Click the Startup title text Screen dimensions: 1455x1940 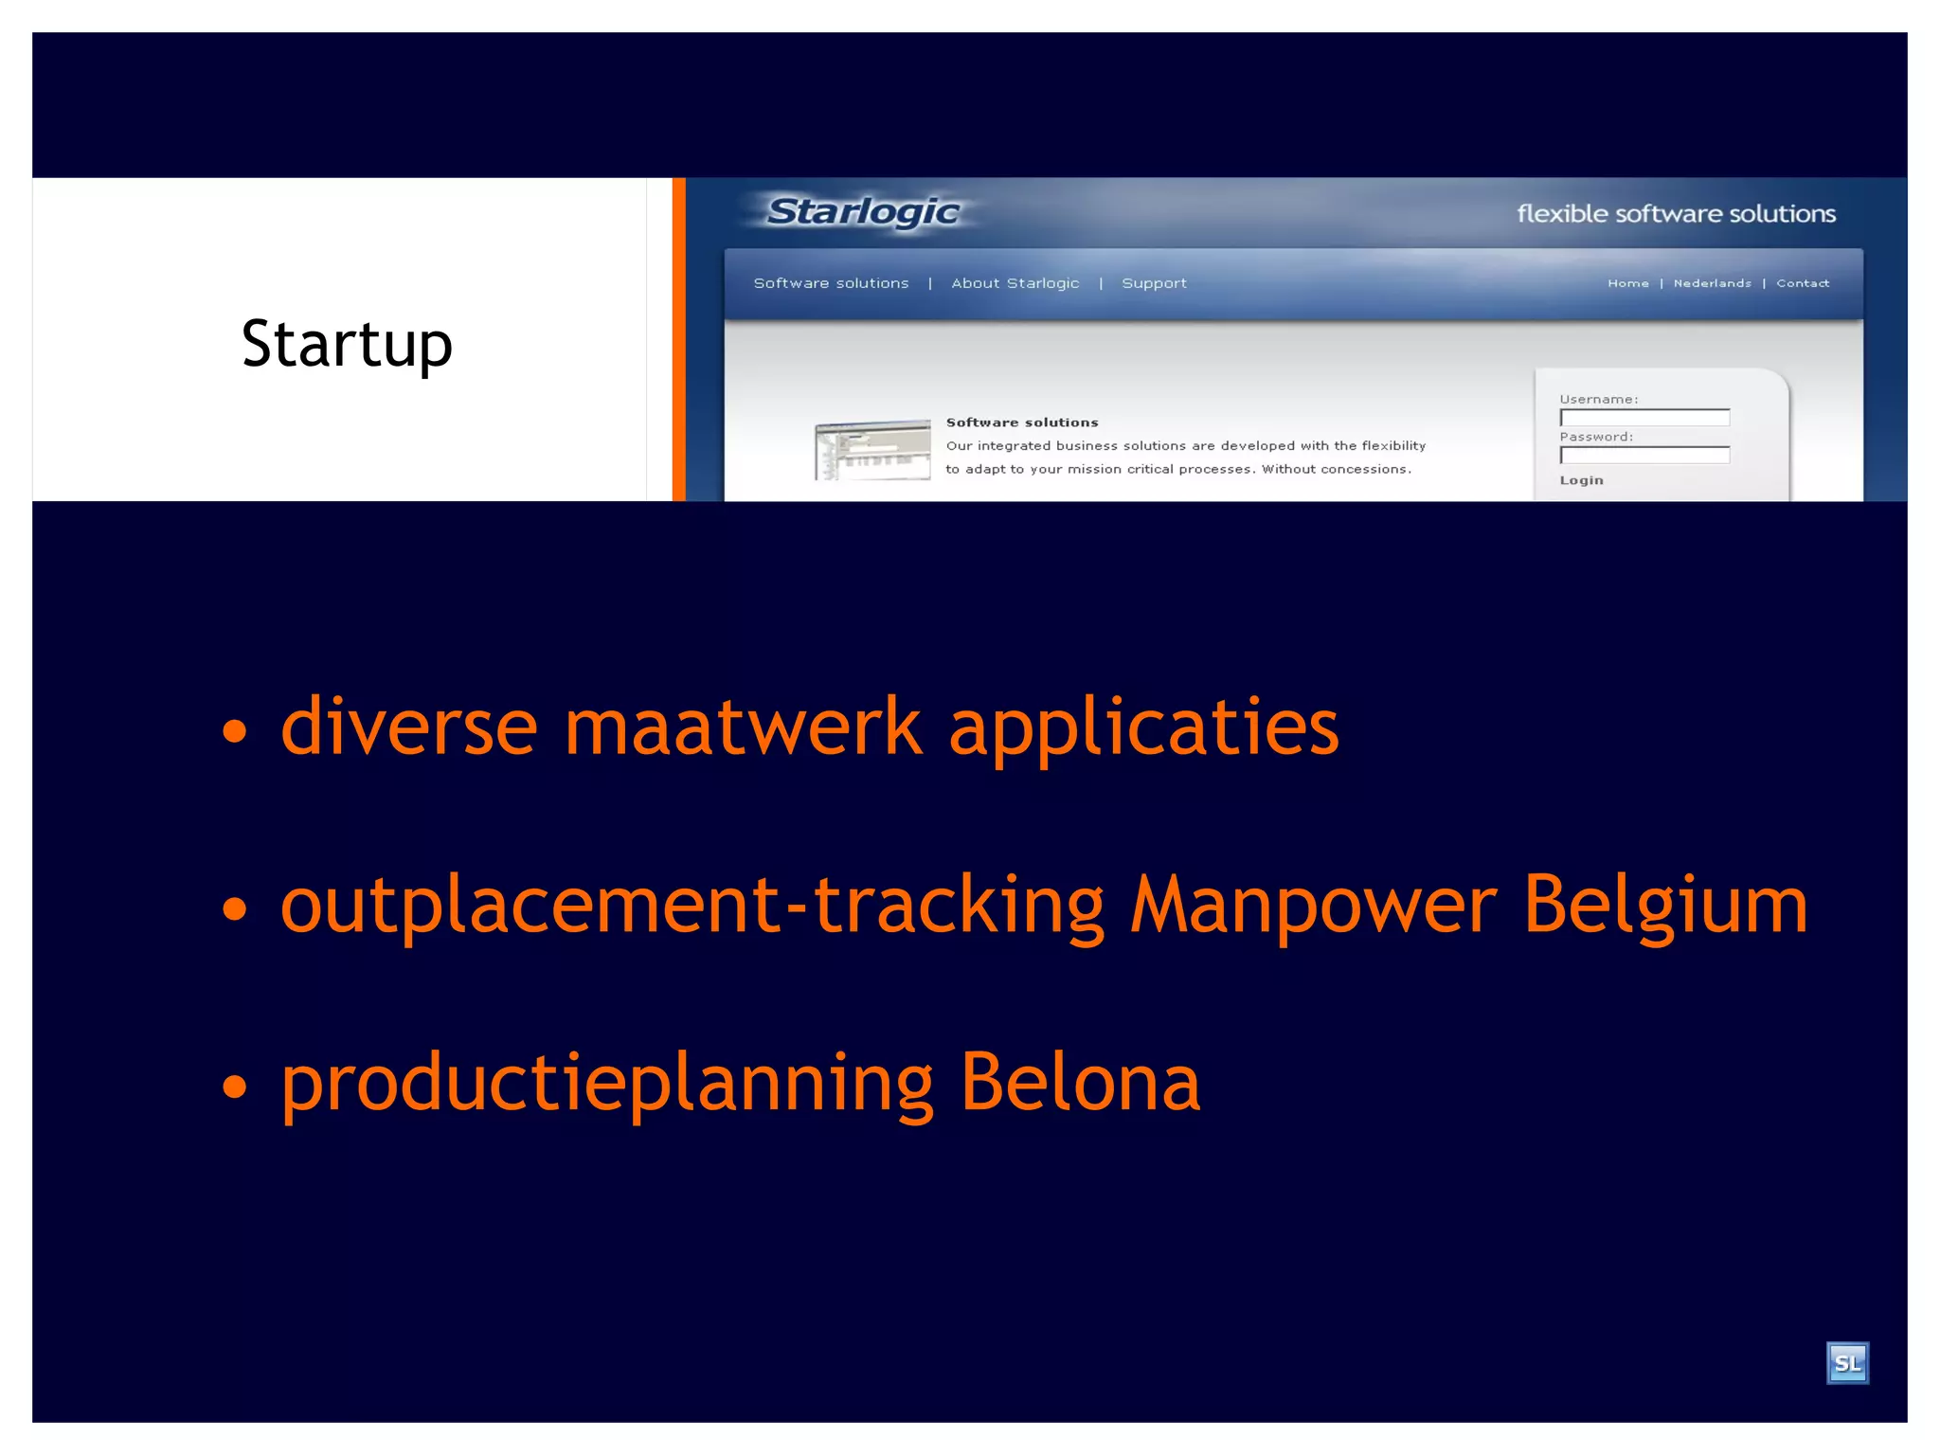point(347,344)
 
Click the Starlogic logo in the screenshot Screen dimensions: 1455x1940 point(863,212)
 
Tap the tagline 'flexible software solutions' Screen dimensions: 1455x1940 point(1676,214)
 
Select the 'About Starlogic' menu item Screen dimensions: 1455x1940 point(1015,283)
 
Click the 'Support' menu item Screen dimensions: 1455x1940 point(1154,283)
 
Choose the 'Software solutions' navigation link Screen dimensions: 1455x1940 point(831,283)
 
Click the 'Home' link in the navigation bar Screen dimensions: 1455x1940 point(1627,283)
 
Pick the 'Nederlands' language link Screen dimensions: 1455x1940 point(1712,283)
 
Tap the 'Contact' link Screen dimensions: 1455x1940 point(1802,283)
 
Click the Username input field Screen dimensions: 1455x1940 point(1644,418)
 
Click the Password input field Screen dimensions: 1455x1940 point(1644,456)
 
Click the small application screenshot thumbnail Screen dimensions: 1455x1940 point(871,450)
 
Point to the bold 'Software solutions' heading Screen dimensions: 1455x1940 point(1021,422)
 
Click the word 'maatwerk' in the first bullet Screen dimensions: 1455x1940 point(743,727)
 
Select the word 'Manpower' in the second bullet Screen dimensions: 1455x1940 point(1314,905)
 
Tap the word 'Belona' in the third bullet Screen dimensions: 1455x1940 point(1080,1083)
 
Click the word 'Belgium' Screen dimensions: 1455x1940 point(1665,905)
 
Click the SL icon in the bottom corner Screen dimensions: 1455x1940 point(1846,1363)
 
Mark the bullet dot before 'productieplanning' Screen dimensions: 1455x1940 point(234,1087)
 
